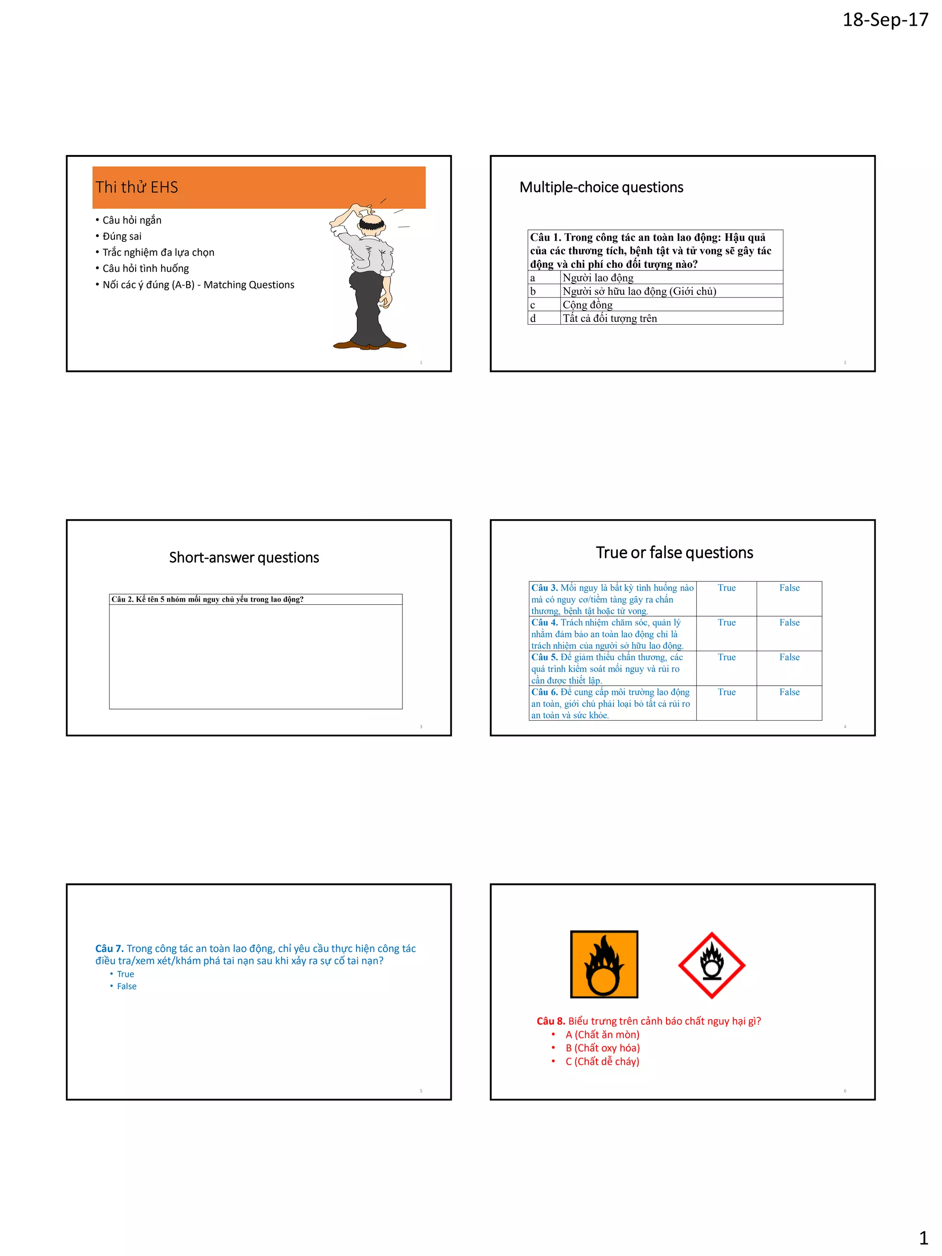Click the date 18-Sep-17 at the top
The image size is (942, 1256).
pyautogui.click(x=885, y=20)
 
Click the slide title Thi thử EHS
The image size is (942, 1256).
pyautogui.click(x=137, y=187)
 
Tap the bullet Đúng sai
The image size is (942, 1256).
pyautogui.click(x=121, y=236)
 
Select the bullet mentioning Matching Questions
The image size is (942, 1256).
pyautogui.click(x=198, y=285)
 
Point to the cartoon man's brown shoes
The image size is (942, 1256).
pyautogui.click(x=370, y=344)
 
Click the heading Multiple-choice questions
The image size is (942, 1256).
pyautogui.click(x=601, y=187)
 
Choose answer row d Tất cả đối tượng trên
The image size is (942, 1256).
pyautogui.click(x=609, y=319)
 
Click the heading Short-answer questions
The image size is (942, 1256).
pyautogui.click(x=244, y=557)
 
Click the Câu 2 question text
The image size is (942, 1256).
pyautogui.click(x=207, y=599)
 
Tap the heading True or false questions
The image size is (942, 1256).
pyautogui.click(x=674, y=552)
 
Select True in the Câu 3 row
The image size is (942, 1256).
pyautogui.click(x=726, y=588)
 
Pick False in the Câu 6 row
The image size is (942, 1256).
pyautogui.click(x=789, y=692)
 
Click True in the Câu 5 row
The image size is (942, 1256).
pyautogui.click(x=726, y=657)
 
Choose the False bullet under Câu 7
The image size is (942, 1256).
pyautogui.click(x=126, y=986)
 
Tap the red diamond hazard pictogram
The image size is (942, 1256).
pyautogui.click(x=712, y=965)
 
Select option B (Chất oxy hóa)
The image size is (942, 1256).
pyautogui.click(x=602, y=1048)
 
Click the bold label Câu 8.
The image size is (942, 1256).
pyautogui.click(x=550, y=1021)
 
